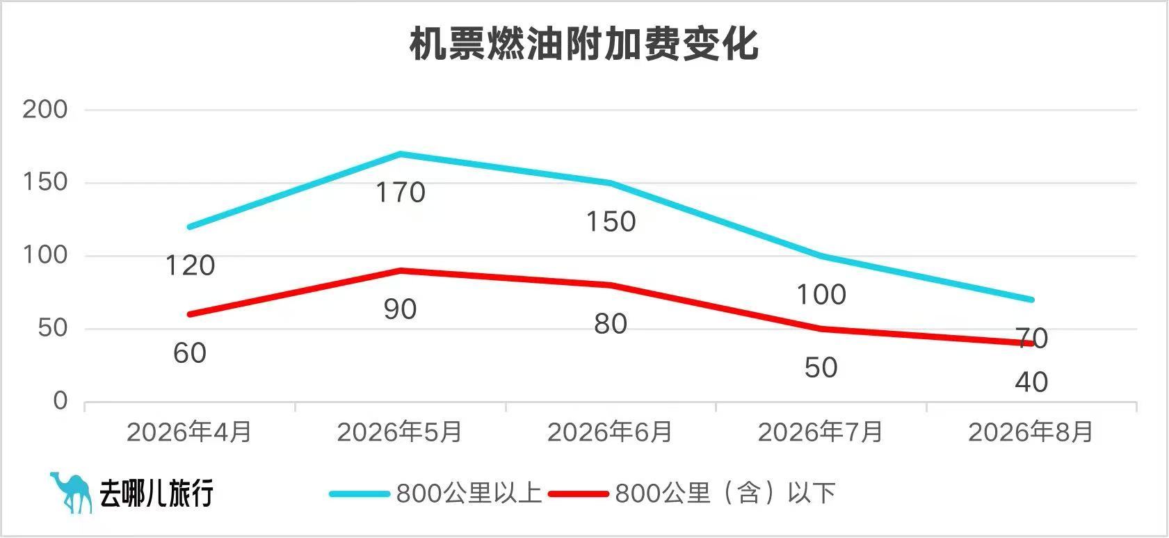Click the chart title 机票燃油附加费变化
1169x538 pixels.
pos(584,44)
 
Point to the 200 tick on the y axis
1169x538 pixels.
pos(45,110)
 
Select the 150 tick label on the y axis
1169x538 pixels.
pos(45,182)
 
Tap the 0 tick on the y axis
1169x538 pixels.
pos(61,401)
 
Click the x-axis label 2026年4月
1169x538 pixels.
pos(189,432)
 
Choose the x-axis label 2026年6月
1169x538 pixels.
pos(610,432)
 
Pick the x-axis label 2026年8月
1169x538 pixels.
pos(1031,432)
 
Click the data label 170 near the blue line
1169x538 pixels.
pos(401,193)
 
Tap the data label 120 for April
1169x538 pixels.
pos(190,266)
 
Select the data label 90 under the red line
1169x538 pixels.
pos(401,309)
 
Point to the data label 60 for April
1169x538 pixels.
pos(190,353)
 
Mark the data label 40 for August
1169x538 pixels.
pos(1031,382)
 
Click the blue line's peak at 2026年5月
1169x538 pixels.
pos(401,154)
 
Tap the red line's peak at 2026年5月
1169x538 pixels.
pos(401,270)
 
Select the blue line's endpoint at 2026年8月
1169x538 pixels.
pos(1031,300)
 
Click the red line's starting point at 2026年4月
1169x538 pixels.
pos(190,314)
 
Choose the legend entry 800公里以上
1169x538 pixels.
pos(436,493)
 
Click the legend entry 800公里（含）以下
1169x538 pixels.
pos(692,493)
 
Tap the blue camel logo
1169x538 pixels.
pos(72,493)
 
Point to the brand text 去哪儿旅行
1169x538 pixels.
pos(156,493)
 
